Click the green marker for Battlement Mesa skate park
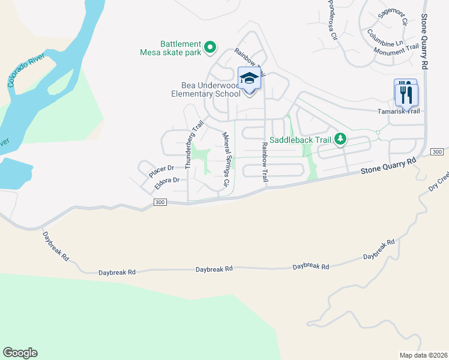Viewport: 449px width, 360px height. [210, 47]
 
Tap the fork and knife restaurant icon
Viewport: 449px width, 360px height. [406, 93]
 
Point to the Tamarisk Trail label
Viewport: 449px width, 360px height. [399, 111]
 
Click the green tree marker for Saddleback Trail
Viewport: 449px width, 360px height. [341, 140]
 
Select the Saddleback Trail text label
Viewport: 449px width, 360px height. [300, 140]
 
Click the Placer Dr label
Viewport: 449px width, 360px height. [161, 171]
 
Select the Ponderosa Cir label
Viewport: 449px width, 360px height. [332, 19]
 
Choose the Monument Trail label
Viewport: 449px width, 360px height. [396, 50]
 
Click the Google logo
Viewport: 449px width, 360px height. [20, 353]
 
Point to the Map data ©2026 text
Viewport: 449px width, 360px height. [423, 355]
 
